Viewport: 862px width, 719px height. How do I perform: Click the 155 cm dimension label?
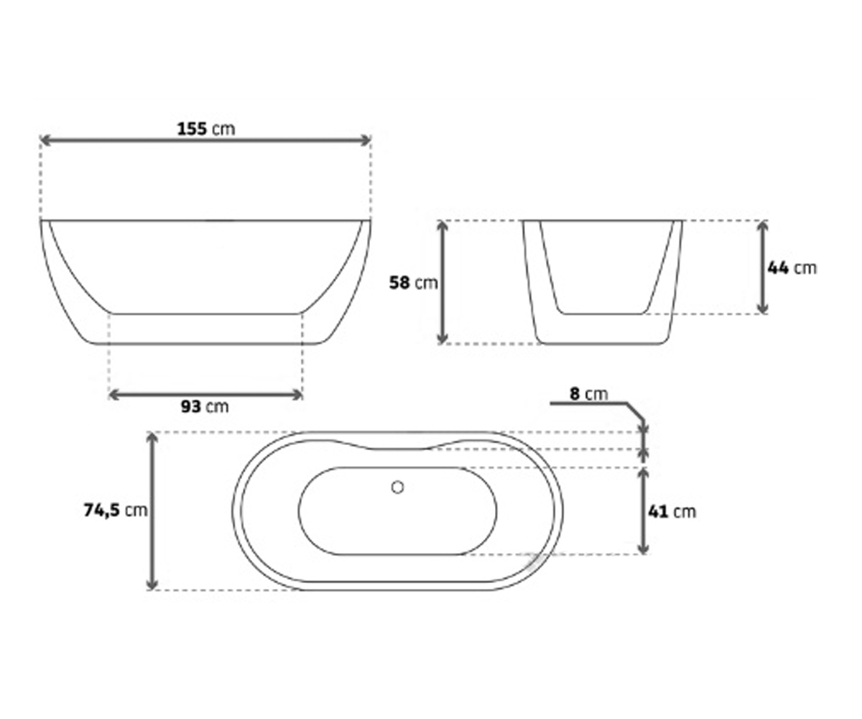[206, 129]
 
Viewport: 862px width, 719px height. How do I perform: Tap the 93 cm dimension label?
[205, 407]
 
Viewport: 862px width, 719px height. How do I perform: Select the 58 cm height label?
[413, 283]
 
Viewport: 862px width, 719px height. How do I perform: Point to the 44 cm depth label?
[792, 268]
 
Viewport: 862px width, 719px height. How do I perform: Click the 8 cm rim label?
[589, 394]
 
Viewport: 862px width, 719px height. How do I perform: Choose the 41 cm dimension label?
[672, 512]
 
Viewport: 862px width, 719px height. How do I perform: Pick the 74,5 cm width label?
[116, 510]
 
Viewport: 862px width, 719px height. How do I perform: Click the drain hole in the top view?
[397, 487]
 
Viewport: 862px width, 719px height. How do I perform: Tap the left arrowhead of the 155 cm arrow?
[45, 140]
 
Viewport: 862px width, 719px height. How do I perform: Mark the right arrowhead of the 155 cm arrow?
[366, 140]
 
